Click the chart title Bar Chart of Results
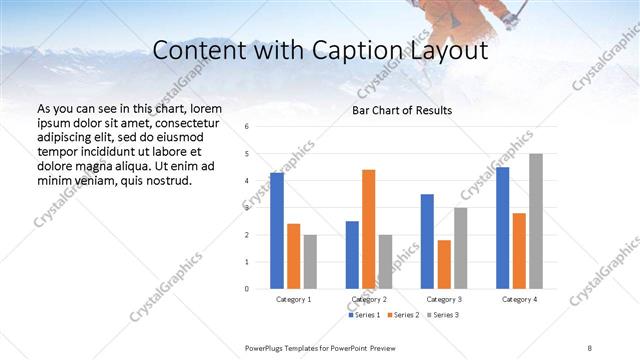click(x=401, y=110)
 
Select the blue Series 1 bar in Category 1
click(x=277, y=231)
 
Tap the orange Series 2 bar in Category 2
click(x=368, y=229)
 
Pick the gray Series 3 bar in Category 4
click(x=536, y=221)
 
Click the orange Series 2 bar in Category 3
click(x=444, y=264)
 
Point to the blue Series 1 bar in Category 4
click(x=502, y=228)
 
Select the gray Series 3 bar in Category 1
click(x=310, y=261)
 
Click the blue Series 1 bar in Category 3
click(x=427, y=241)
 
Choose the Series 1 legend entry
click(x=365, y=315)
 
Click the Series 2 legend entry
click(x=402, y=315)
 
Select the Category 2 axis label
click(x=368, y=299)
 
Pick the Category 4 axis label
click(x=519, y=299)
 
